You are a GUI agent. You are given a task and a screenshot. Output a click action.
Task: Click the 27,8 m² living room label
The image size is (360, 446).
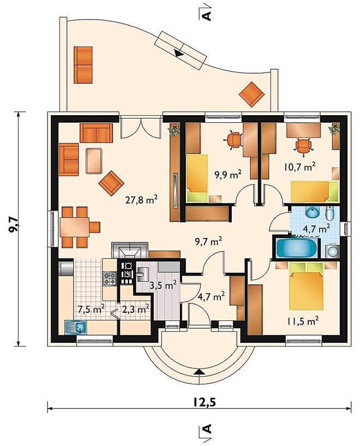[x=141, y=200]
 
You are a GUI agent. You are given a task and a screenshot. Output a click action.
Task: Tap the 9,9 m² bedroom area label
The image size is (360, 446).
[x=228, y=174]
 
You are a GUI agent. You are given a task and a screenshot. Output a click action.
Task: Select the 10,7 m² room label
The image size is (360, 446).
[x=299, y=166]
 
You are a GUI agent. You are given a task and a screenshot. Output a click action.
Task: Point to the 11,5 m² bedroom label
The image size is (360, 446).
[x=302, y=321]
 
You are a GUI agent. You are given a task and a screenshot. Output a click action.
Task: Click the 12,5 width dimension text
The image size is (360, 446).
[x=205, y=402]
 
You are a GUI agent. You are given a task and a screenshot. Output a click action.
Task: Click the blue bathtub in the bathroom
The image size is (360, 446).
[x=297, y=248]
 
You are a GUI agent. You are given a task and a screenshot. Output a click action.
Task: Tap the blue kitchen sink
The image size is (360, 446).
[x=76, y=327]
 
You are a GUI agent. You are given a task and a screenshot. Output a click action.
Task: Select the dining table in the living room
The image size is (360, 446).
[x=75, y=227]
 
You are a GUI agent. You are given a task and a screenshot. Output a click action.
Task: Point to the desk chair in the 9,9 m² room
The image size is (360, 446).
[x=235, y=140]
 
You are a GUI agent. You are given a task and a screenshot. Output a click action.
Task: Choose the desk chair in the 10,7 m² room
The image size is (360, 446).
[x=304, y=147]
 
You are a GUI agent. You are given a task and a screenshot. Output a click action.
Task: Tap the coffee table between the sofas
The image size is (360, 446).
[x=94, y=160]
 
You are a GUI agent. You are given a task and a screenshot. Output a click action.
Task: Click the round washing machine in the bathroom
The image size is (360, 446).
[x=332, y=251]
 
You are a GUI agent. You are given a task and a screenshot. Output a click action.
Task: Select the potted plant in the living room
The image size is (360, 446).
[x=174, y=130]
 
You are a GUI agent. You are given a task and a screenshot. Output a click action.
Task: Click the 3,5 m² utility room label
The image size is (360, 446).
[x=164, y=286]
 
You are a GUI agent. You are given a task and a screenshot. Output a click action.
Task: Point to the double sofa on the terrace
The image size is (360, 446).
[x=83, y=65]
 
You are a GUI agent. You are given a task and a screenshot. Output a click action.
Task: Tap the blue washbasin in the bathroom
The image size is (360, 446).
[x=313, y=212]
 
